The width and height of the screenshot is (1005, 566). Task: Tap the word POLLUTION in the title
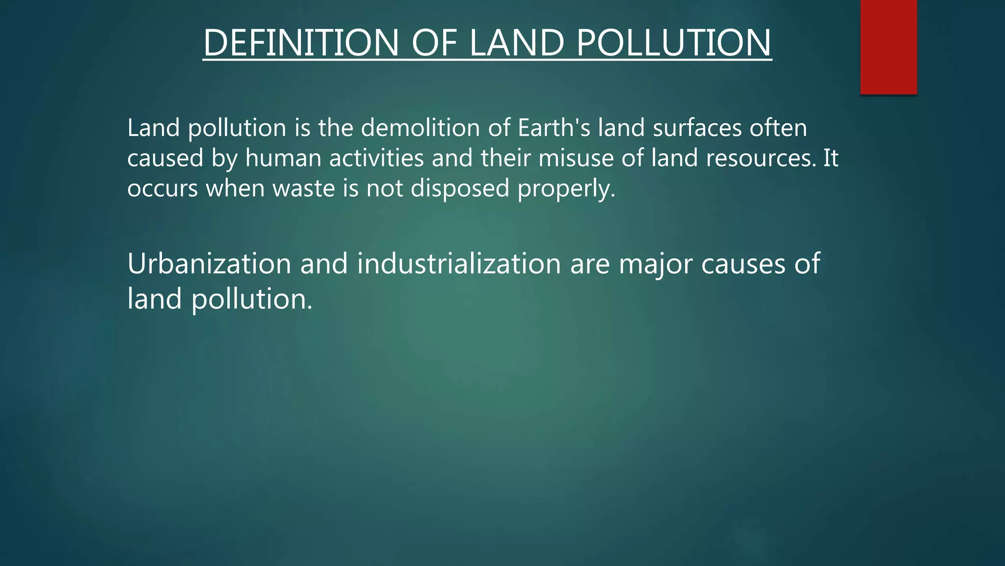coord(674,43)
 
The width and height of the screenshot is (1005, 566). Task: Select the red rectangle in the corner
coord(888,47)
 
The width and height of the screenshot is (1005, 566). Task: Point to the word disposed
coord(460,189)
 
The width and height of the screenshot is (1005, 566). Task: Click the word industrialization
coord(459,264)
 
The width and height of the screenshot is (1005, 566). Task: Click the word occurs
coord(162,189)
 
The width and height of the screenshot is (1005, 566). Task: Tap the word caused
coord(165,158)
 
